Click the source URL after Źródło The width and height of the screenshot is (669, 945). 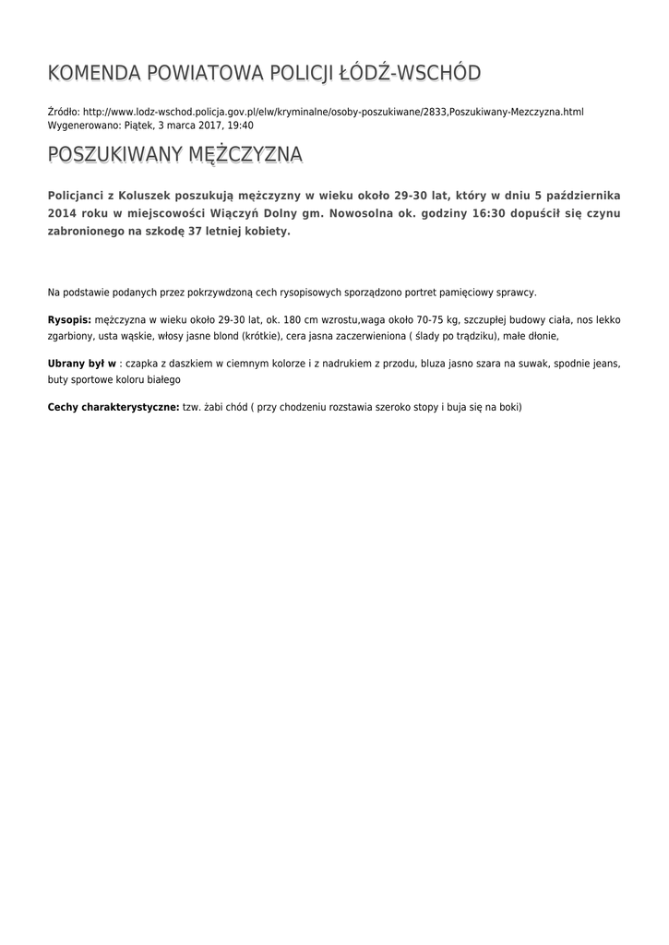click(x=333, y=112)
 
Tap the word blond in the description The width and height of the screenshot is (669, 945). click(x=223, y=336)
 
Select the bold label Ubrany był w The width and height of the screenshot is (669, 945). click(x=82, y=364)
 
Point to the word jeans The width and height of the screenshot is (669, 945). click(x=607, y=364)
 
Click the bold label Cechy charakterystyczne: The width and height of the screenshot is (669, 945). click(x=113, y=406)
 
